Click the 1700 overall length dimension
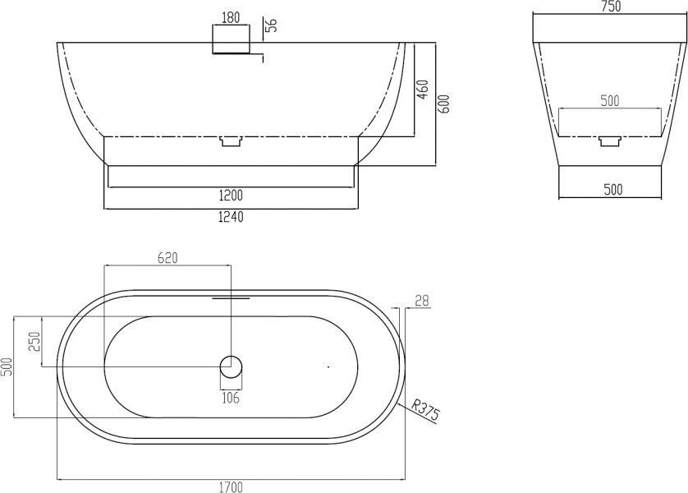point(231,487)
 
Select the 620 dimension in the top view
point(167,258)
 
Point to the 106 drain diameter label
point(231,398)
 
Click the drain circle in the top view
point(231,366)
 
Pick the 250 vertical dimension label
point(34,342)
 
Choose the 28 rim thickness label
point(422,302)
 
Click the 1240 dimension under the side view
point(231,216)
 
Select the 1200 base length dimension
point(231,195)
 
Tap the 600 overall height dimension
point(444,104)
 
